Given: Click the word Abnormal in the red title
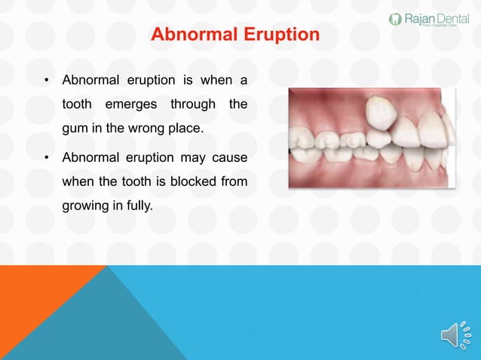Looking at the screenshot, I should click(190, 35).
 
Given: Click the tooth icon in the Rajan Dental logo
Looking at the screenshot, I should click(394, 19).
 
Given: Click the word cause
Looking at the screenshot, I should click(229, 157).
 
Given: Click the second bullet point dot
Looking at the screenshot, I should click(46, 158).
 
